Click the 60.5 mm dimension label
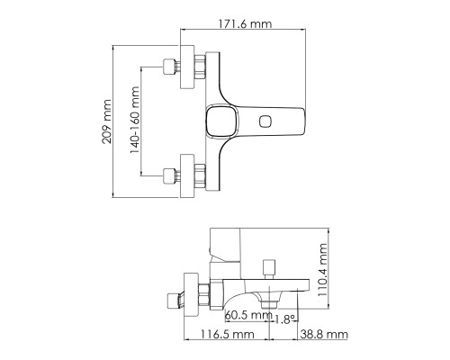pos(247,315)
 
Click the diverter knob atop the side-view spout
pos(267,267)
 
